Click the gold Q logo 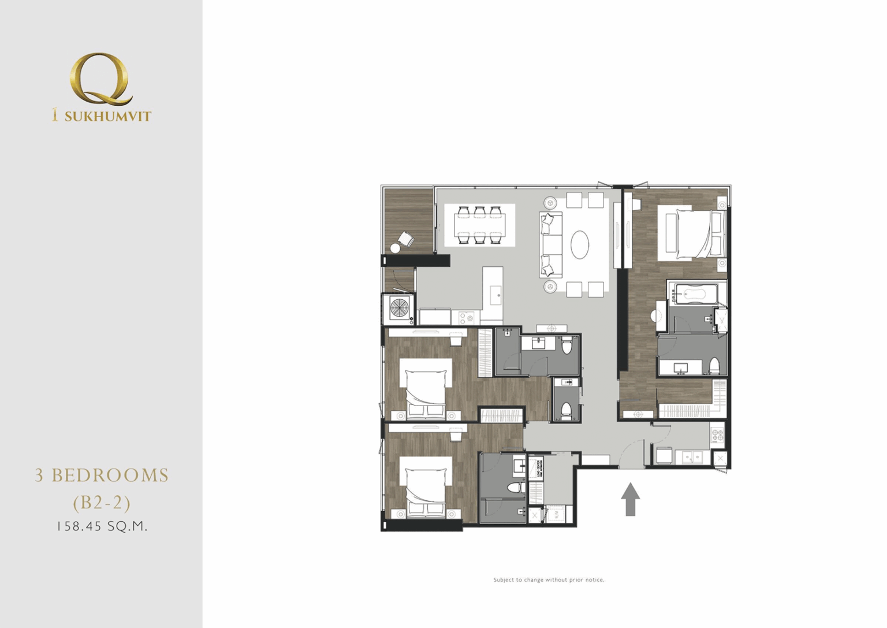pos(100,79)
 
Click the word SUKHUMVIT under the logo pos(107,117)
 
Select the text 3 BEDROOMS pos(102,475)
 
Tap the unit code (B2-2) pos(102,502)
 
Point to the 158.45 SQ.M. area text pos(102,526)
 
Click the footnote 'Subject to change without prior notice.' pos(549,579)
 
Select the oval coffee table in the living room pos(580,245)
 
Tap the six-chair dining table pos(479,225)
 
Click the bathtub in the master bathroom pos(693,294)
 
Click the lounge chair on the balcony pos(406,239)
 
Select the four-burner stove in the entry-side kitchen pos(717,435)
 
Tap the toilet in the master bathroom pos(714,366)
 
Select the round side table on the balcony pos(395,248)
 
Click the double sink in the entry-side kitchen pos(691,458)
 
